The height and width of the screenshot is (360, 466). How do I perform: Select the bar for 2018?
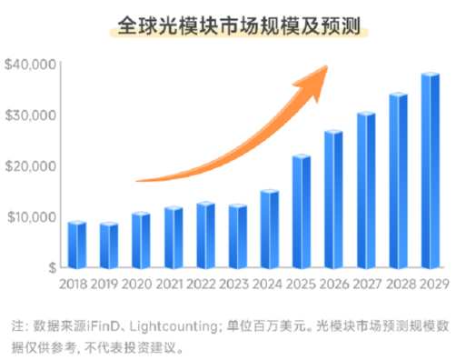(x=77, y=245)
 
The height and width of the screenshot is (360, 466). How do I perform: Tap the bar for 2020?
(x=141, y=241)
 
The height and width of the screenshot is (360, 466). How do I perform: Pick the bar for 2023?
(x=237, y=237)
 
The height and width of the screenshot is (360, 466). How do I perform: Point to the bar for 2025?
(x=302, y=213)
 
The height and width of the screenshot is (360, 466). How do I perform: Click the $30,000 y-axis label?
(x=31, y=115)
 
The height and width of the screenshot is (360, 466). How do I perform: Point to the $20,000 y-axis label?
(x=31, y=166)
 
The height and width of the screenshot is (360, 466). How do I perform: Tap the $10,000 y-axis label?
(x=31, y=217)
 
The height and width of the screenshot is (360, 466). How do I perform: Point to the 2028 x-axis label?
(x=399, y=285)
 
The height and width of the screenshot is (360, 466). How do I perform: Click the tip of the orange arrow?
(x=326, y=66)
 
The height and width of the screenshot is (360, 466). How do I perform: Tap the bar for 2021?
(x=174, y=238)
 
